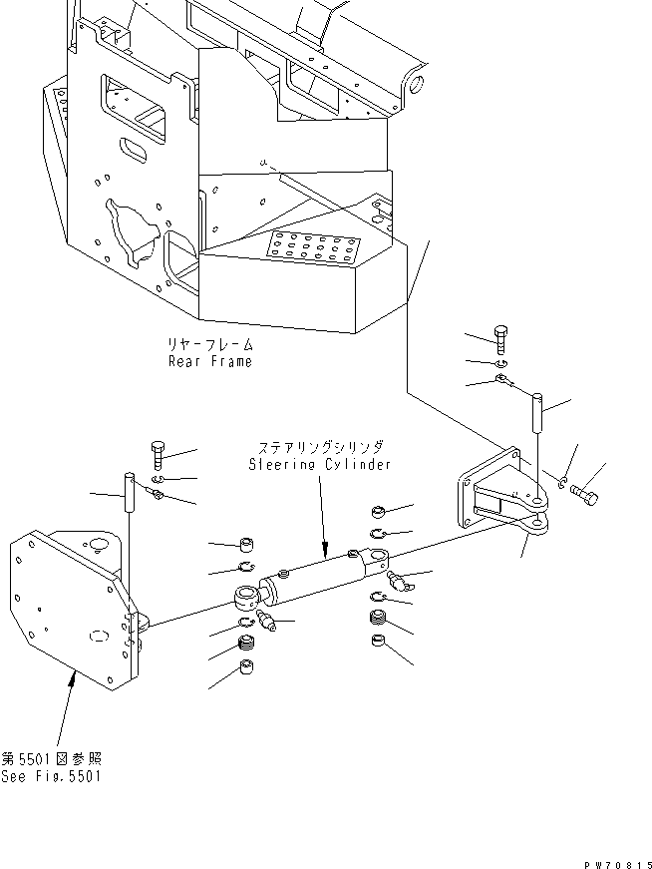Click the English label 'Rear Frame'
point(210,362)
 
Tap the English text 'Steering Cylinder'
point(320,464)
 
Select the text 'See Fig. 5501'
point(51,776)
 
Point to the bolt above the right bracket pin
point(500,339)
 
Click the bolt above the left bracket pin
point(158,455)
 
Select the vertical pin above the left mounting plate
point(130,492)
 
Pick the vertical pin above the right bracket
point(537,412)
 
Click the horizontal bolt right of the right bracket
point(584,494)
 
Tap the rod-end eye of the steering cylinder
point(246,597)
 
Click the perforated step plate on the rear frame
point(314,246)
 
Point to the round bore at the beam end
point(417,84)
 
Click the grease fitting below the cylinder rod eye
point(266,619)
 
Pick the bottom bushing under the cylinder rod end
point(246,666)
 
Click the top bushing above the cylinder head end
point(379,512)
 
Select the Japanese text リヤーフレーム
point(210,345)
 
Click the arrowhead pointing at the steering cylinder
point(325,550)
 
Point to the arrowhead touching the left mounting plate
point(71,676)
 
